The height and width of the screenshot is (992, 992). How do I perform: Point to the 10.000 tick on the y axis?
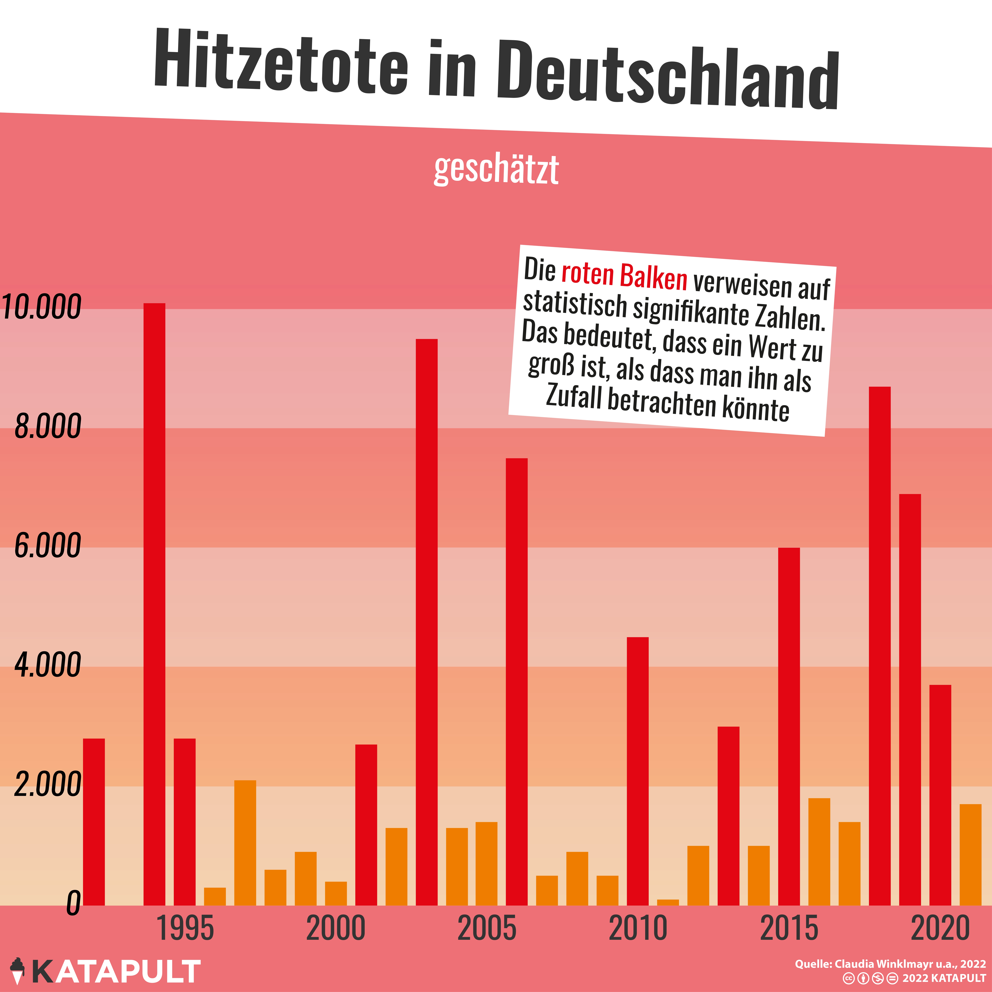(41, 307)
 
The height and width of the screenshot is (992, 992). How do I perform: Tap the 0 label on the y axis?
(73, 903)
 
